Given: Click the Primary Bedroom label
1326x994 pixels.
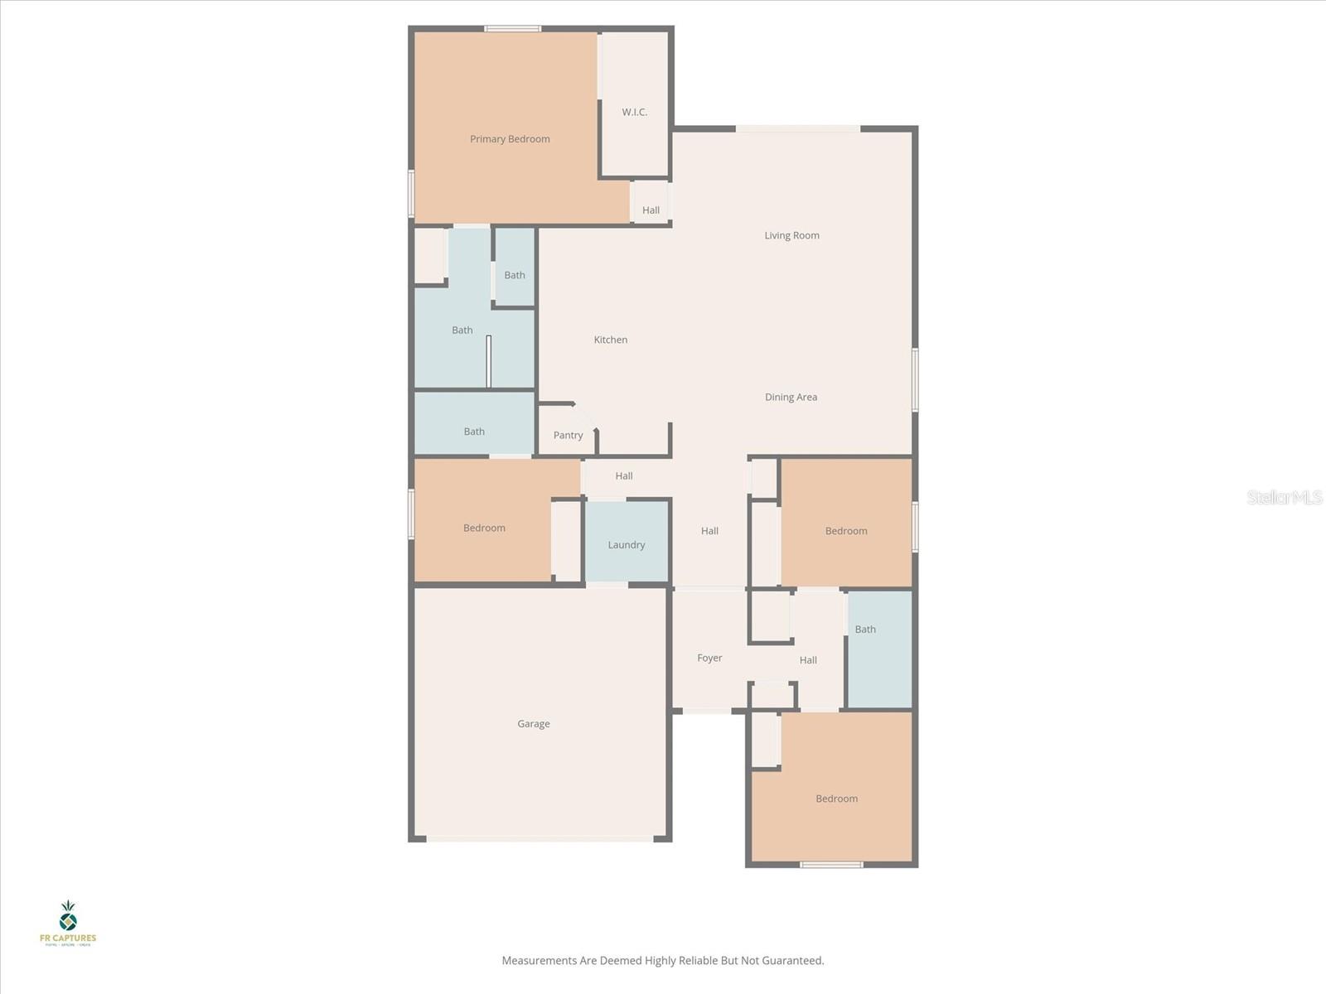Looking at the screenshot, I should tap(510, 139).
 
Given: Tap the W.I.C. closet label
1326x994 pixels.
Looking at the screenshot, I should tap(635, 112).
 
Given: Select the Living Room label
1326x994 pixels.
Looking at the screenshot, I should tap(791, 235).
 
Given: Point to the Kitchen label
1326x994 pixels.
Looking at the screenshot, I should tap(611, 340).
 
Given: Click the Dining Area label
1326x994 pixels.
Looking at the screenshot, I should tap(791, 397).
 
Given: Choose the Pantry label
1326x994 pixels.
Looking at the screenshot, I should tap(568, 435).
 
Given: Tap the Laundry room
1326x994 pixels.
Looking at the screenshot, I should tap(627, 544).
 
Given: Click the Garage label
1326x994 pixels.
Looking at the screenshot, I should tap(534, 723).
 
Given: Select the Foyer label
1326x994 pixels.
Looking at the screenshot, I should tap(709, 658).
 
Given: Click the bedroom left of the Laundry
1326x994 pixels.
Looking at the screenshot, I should tap(484, 528).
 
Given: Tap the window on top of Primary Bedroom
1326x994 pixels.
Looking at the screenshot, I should tap(513, 29).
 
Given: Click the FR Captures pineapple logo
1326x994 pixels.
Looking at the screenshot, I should tap(68, 917).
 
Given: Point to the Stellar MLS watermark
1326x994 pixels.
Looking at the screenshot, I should tap(1284, 497).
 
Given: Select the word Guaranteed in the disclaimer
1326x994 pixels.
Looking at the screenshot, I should tap(794, 961).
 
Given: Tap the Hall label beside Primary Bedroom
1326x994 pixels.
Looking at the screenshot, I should tap(651, 210).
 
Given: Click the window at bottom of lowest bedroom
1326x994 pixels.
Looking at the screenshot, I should tap(831, 865).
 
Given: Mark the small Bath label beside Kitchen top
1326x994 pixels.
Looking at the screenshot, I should tap(515, 275).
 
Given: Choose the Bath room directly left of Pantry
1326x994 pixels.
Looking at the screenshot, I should tap(474, 431).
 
